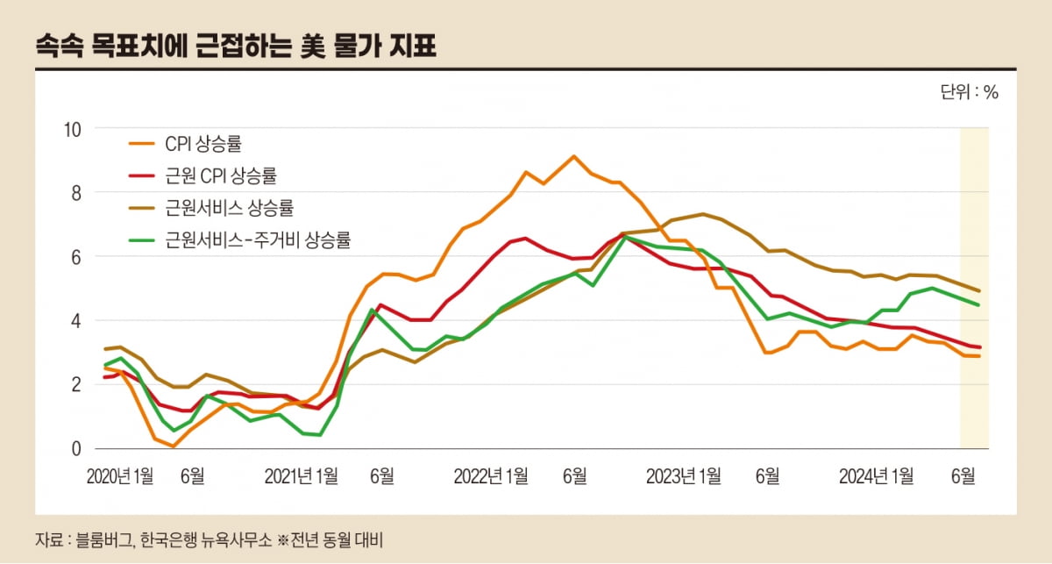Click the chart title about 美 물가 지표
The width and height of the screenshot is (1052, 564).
pyautogui.click(x=235, y=46)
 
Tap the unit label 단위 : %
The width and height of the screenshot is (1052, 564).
pyautogui.click(x=969, y=93)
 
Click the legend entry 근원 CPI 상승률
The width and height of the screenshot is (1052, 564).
pyautogui.click(x=220, y=175)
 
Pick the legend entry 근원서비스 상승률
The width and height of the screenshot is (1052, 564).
pyautogui.click(x=228, y=208)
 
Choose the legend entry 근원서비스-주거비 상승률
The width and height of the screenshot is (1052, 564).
pyautogui.click(x=257, y=240)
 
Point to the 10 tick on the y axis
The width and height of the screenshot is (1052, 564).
pyautogui.click(x=73, y=129)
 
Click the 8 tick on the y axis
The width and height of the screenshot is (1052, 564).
pyautogui.click(x=76, y=193)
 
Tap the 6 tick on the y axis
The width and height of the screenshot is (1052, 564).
pyautogui.click(x=76, y=257)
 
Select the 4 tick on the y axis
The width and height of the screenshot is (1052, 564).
pyautogui.click(x=76, y=321)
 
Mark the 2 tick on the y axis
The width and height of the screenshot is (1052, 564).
pyautogui.click(x=76, y=385)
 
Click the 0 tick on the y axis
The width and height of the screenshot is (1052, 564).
pyautogui.click(x=76, y=449)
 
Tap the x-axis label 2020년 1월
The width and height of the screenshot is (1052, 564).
pyautogui.click(x=120, y=476)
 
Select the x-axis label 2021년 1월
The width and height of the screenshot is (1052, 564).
pyautogui.click(x=301, y=476)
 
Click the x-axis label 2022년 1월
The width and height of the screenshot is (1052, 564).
pyautogui.click(x=491, y=476)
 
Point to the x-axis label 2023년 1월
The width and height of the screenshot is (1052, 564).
pyautogui.click(x=684, y=476)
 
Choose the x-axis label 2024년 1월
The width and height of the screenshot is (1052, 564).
pyautogui.click(x=876, y=476)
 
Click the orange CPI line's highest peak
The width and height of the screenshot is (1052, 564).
pyautogui.click(x=573, y=157)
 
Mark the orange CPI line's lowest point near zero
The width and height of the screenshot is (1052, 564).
pyautogui.click(x=174, y=446)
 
